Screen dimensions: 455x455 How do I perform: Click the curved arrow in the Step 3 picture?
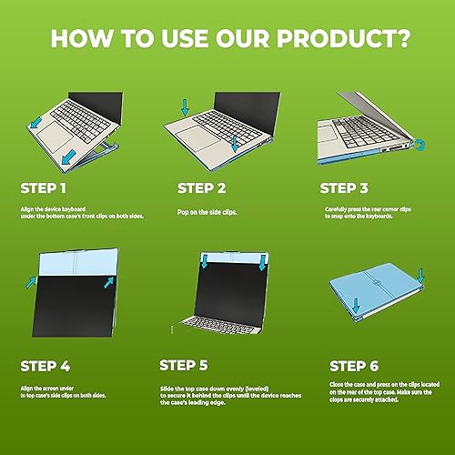click(x=420, y=143)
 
